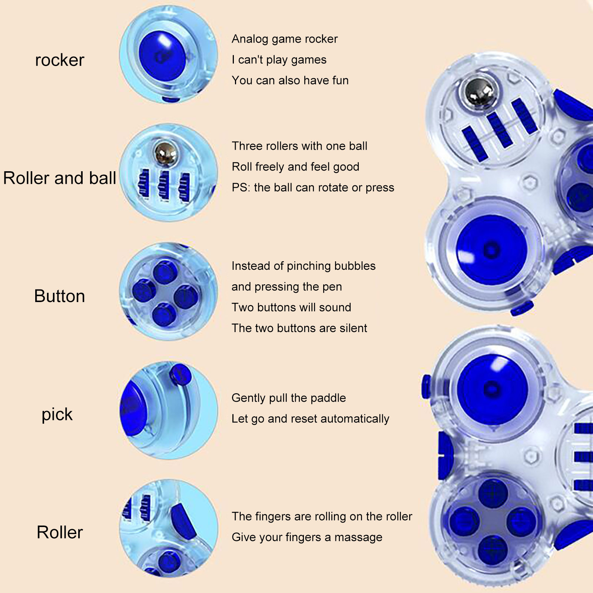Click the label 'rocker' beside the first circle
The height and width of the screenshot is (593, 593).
60,60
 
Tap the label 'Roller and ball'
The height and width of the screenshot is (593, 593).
60,178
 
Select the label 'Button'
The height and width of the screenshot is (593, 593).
60,296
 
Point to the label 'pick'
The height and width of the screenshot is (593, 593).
57,414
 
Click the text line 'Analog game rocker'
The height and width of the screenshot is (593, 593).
285,39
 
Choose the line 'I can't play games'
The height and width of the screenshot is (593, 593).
279,60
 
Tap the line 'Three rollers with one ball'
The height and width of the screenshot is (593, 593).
299,146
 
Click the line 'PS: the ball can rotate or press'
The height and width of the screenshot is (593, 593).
313,188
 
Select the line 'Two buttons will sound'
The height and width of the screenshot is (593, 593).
291,307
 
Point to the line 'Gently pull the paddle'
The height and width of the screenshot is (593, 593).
289,398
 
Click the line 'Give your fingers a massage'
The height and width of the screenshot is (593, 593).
307,537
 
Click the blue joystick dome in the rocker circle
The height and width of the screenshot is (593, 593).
162,56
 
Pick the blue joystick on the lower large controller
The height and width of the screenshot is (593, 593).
492,389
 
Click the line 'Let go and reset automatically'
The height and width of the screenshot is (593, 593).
310,419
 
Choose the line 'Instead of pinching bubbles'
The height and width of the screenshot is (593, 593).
304,266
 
